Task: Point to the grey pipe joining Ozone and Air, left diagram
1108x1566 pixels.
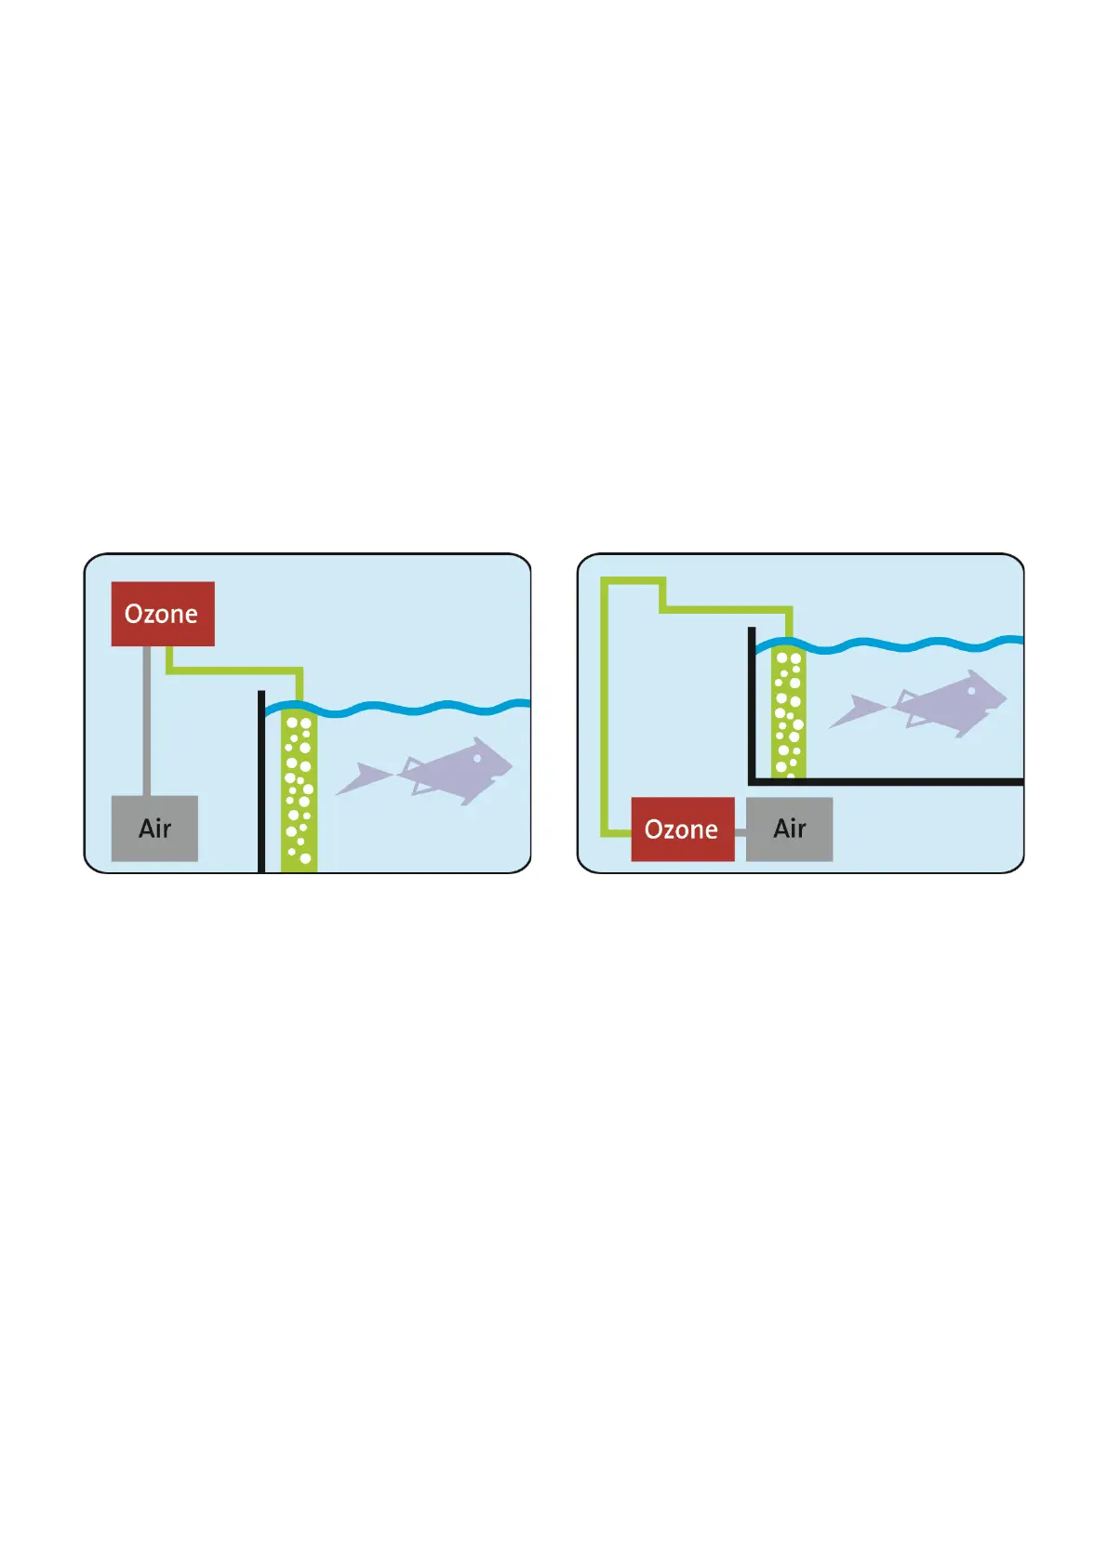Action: [146, 721]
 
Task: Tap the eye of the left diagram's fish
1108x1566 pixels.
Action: [477, 758]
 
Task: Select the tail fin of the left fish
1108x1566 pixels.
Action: [363, 777]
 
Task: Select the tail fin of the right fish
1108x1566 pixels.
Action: [856, 710]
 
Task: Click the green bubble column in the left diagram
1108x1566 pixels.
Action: [299, 790]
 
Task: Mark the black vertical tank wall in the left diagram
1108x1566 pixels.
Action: [261, 781]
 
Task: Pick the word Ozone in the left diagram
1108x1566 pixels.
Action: [161, 614]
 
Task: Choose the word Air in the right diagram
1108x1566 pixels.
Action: [789, 829]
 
